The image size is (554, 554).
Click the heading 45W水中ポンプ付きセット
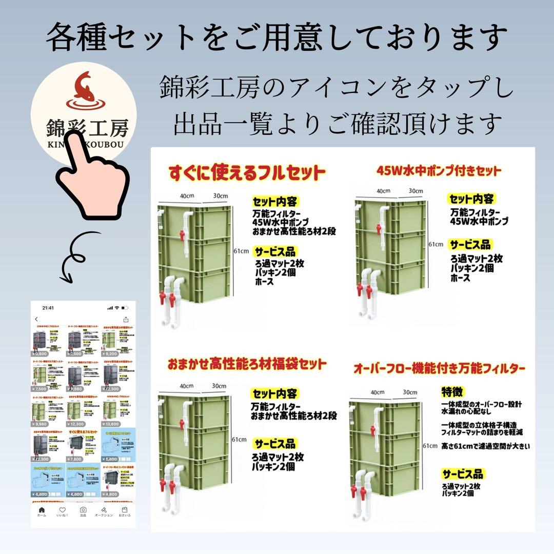tap(439, 170)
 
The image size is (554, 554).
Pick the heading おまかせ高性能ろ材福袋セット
tap(247, 364)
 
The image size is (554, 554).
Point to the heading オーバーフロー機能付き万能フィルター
tap(439, 368)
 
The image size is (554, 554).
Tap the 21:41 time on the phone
tap(48, 308)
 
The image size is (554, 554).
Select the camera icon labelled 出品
tap(83, 510)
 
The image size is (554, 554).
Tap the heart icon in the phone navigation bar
tap(62, 510)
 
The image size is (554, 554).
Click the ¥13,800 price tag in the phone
tap(112, 424)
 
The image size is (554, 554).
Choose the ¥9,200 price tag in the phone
tap(112, 353)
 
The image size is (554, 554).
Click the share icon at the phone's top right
tap(126, 319)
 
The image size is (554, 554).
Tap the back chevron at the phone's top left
tap(36, 319)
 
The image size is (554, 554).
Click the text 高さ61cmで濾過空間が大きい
tap(485, 446)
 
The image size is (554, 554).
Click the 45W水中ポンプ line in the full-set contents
tap(281, 222)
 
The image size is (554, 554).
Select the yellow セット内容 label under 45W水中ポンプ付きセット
tap(471, 199)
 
